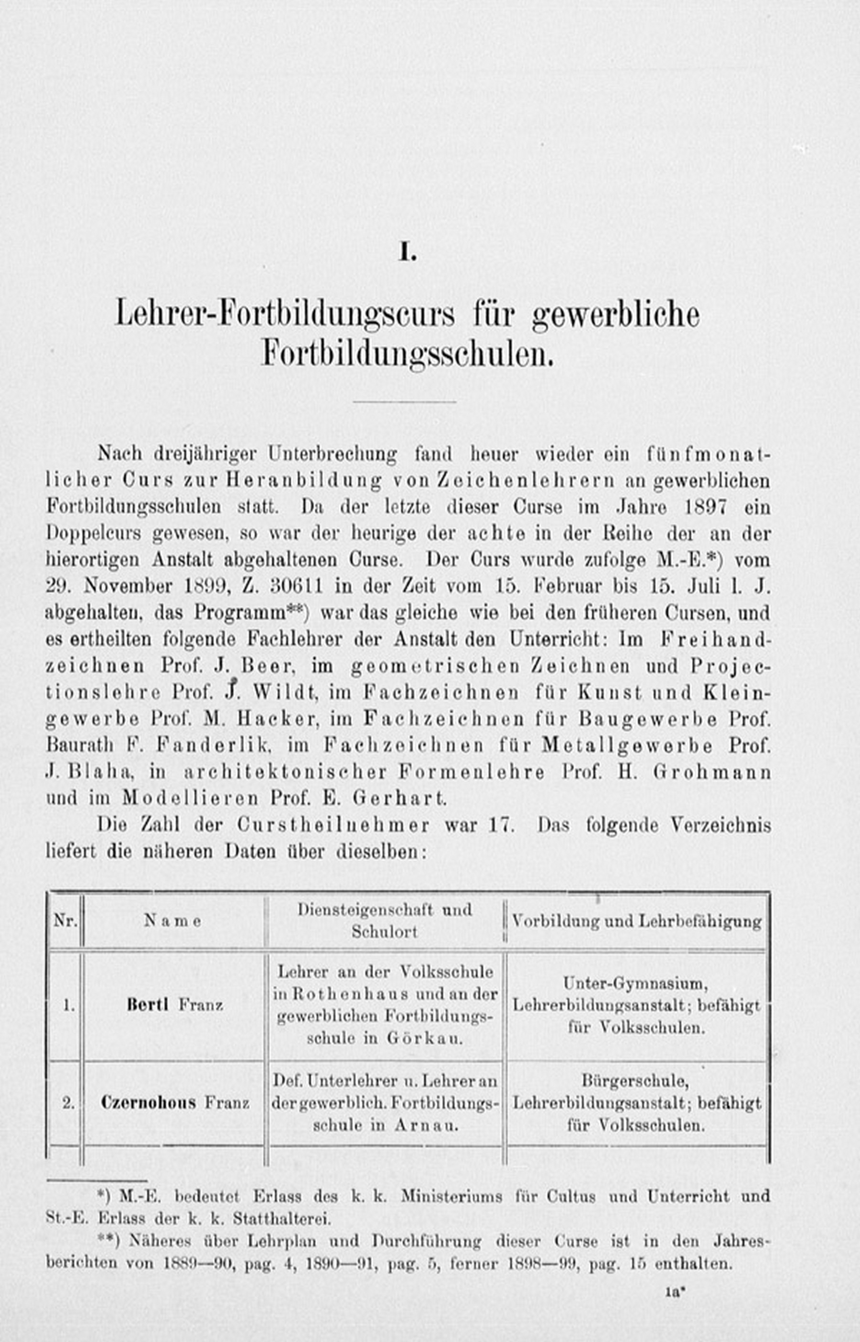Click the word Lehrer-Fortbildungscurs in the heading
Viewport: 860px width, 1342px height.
pos(285,315)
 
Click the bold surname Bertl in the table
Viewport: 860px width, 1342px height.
pos(148,1005)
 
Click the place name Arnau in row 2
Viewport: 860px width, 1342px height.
pos(426,1125)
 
